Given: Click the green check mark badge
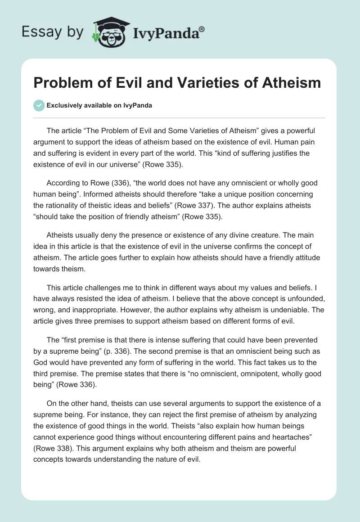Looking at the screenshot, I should pos(39,105).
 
